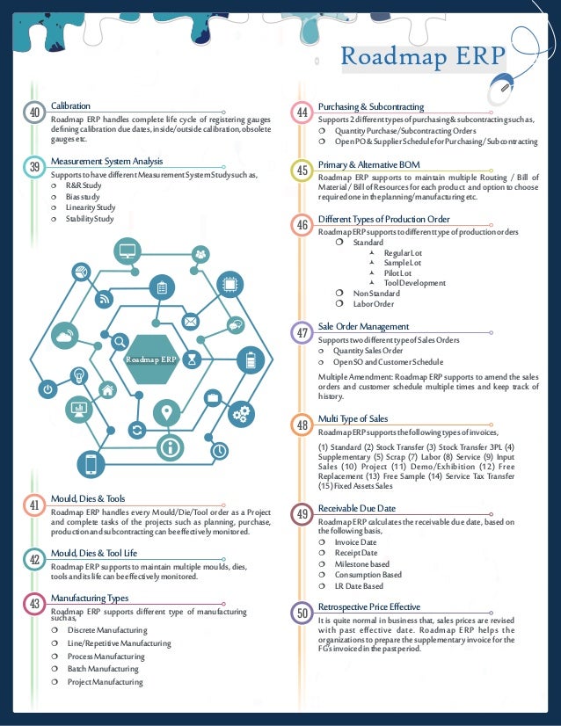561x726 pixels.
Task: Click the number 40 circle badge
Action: click(35, 113)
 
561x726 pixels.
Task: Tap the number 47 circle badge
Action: click(302, 333)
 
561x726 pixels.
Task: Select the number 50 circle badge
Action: click(302, 613)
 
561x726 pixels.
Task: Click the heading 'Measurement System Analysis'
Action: click(106, 162)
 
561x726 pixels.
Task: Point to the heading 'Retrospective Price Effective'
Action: click(369, 607)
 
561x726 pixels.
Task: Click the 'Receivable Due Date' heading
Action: click(357, 509)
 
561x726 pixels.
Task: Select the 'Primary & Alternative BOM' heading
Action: click(368, 163)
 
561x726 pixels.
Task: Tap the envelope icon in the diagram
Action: click(191, 321)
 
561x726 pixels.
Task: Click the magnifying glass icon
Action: click(119, 341)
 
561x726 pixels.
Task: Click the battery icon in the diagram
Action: click(251, 360)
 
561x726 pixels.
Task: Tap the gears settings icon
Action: click(244, 411)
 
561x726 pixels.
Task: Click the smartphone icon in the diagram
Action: click(91, 463)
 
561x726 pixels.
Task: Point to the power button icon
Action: click(48, 388)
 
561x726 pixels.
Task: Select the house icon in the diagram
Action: click(107, 389)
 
